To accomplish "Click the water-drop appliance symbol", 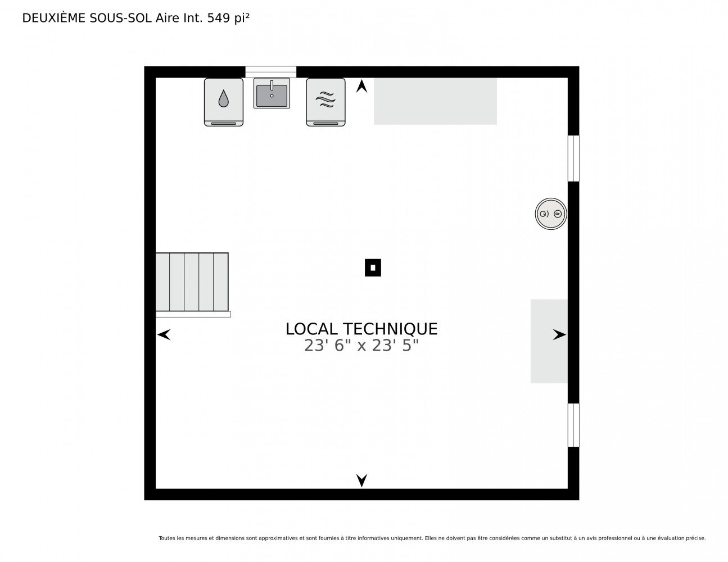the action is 223,102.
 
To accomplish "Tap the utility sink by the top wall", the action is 272,93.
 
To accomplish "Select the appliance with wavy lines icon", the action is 325,102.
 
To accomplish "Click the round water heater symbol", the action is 550,214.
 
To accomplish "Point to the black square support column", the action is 373,268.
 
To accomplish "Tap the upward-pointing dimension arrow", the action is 361,86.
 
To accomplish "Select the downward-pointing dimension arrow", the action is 361,481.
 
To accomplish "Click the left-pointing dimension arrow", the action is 164,334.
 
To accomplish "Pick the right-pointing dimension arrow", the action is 559,334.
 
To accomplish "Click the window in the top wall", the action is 271,72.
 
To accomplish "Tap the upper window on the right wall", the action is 573,158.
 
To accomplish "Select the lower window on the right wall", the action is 573,425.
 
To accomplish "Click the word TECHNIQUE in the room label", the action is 390,329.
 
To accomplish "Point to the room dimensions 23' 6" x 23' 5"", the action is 361,345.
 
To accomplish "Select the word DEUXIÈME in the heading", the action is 53,18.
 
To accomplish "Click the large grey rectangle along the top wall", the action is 435,101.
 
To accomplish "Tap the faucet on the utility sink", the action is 272,85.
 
